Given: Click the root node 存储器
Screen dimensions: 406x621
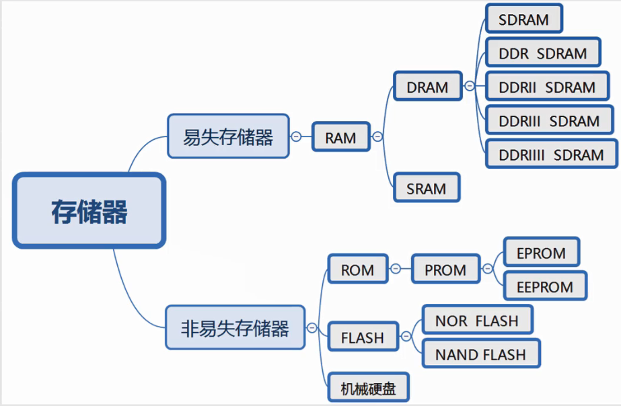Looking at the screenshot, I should tap(89, 211).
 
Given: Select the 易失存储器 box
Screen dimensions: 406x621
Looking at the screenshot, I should tap(228, 136).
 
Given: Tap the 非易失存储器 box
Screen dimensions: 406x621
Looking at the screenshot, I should tap(235, 328).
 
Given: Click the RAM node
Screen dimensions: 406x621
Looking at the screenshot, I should tap(340, 137).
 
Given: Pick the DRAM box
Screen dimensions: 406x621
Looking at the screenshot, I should tap(427, 87).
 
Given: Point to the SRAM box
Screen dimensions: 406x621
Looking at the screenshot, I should tap(426, 188).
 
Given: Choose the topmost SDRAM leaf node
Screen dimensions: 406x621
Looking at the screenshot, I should tap(523, 19).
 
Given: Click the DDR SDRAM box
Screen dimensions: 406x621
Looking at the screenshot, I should tap(542, 53).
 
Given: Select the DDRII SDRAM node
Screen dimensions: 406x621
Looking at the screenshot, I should tap(547, 87).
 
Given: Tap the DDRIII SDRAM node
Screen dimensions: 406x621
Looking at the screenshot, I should tap(549, 121).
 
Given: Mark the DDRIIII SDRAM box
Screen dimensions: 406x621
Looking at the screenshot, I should tap(551, 155).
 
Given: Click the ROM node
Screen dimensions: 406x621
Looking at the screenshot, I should tap(357, 270).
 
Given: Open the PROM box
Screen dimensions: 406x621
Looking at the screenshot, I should tap(445, 270).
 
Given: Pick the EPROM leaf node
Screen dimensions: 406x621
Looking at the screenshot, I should tap(541, 253).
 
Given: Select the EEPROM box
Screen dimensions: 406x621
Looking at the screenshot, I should tap(545, 287).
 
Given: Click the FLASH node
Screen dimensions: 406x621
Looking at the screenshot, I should tap(362, 337).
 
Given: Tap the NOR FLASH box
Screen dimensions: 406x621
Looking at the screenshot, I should tap(476, 321).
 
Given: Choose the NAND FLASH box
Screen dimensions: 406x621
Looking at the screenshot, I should tap(480, 354).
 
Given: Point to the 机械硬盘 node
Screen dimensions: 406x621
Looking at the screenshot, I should tap(368, 389).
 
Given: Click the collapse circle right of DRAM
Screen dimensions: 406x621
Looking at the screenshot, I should tap(469, 86).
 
